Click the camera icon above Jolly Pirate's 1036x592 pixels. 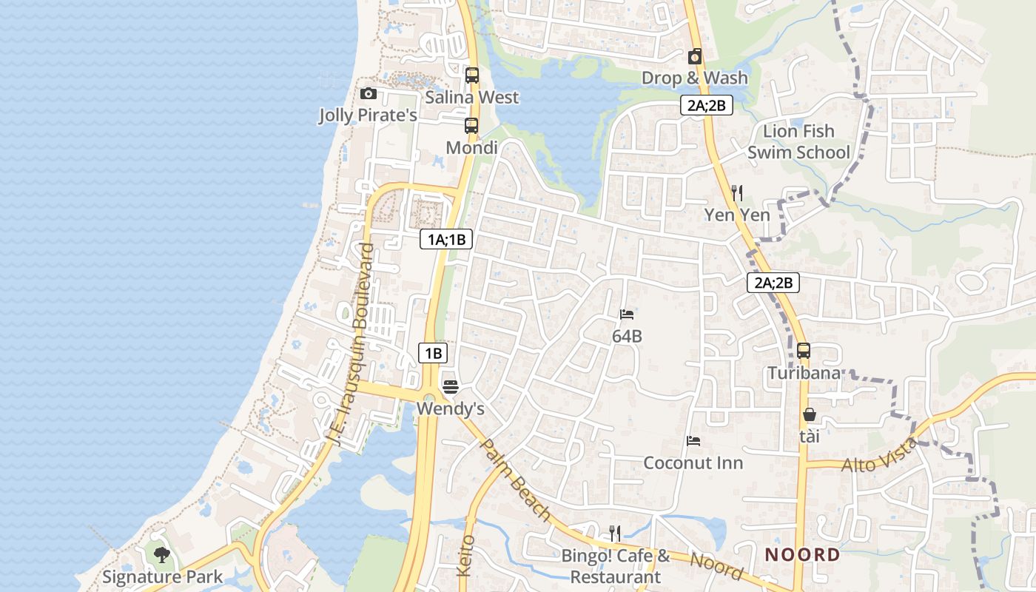368,94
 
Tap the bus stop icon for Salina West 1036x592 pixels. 472,75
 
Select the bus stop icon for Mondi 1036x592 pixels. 471,126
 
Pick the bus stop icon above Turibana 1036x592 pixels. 804,351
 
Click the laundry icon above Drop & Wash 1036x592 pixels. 695,56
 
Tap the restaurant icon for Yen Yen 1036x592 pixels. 736,193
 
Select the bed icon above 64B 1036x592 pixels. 627,314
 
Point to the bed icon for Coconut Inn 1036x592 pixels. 693,441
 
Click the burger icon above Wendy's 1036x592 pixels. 450,387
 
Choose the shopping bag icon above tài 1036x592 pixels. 810,415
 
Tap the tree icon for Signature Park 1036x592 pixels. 162,554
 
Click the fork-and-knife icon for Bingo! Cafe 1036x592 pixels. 615,533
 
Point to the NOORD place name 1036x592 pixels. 803,555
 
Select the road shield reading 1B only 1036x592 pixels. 433,353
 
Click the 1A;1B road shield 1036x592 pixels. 446,239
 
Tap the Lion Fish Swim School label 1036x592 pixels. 798,142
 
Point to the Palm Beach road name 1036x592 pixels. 515,480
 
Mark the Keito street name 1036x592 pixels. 465,556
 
